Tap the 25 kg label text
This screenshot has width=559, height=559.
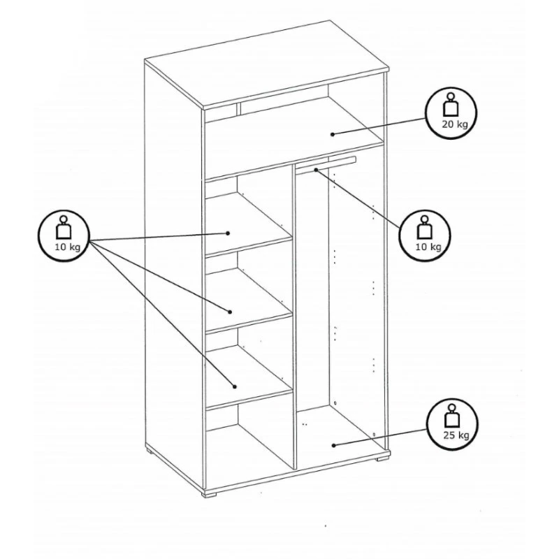pos(456,435)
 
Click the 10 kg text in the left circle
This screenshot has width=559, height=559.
pos(67,247)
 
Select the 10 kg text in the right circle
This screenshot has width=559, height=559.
pos(428,247)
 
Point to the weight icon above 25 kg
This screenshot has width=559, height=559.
pos(452,416)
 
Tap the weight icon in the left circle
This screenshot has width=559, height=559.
pos(64,227)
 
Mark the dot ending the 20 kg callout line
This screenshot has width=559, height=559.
pos(333,134)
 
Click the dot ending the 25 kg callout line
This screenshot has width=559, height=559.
pos(334,445)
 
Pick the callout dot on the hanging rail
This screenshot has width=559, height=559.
pos(317,170)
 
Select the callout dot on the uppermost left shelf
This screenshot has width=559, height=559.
pos(228,233)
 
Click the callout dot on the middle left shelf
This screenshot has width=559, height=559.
pos(230,312)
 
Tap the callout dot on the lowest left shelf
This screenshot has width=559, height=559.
pos(234,386)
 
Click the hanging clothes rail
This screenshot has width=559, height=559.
pos(326,166)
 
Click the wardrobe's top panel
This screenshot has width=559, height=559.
pos(266,65)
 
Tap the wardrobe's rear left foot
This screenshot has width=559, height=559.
pos(150,452)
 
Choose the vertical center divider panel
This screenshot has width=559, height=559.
pos(294,316)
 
